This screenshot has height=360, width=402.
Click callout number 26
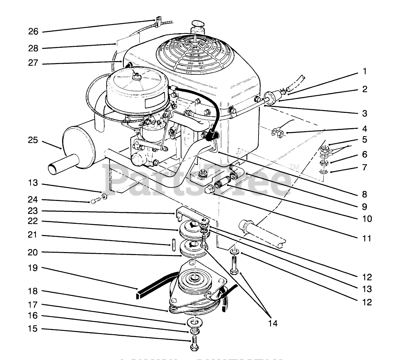point(33,32)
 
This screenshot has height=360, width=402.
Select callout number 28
point(33,48)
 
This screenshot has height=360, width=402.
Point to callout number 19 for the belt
point(33,267)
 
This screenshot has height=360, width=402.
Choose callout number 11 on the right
point(367,238)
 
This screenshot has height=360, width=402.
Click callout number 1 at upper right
point(365,71)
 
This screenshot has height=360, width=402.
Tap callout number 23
point(33,211)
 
